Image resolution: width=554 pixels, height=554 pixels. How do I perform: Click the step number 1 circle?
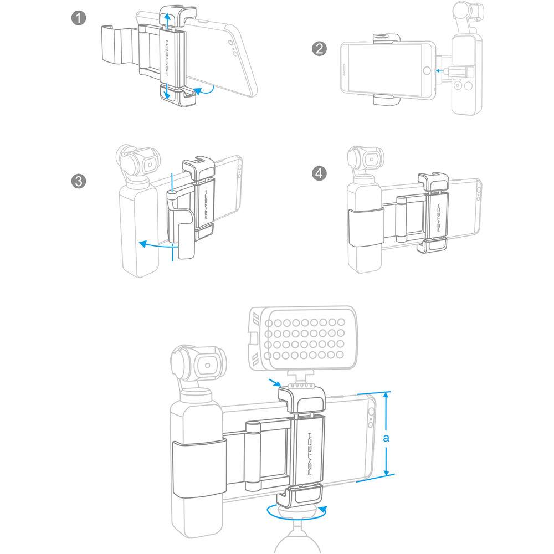pos(79,18)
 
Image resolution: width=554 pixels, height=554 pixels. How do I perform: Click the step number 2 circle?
pos(319,48)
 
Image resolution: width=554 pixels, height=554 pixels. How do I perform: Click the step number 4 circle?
pos(319,173)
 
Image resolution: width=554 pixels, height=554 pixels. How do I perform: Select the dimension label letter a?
pos(387,438)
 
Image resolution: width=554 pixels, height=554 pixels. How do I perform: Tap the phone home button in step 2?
pos(426,70)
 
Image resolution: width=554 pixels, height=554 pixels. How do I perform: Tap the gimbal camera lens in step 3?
pos(148,165)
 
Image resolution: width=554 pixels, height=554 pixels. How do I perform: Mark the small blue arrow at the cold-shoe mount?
pos(273,382)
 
